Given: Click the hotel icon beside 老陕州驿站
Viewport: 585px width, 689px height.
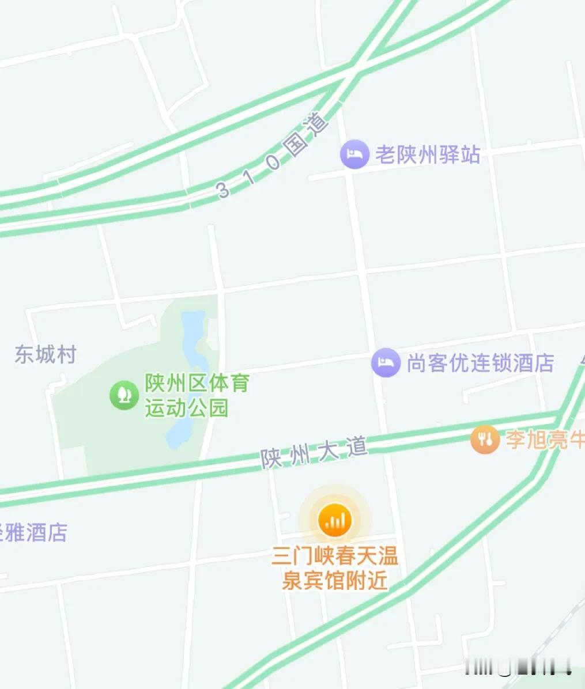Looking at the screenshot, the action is [x=354, y=154].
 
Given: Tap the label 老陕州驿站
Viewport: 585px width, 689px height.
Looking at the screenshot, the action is [x=428, y=154].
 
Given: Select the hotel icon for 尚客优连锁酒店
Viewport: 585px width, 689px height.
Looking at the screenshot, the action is [x=386, y=363].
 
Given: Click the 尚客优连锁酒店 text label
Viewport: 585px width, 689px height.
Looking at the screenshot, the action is [x=480, y=364].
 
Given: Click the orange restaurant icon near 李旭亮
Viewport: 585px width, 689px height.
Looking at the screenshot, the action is [x=485, y=440].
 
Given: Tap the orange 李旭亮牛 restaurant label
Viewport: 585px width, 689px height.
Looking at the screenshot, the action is [x=545, y=440].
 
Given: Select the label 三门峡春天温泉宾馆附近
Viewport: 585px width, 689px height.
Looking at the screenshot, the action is [x=335, y=569].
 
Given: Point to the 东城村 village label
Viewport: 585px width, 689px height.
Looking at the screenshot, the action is [x=46, y=354].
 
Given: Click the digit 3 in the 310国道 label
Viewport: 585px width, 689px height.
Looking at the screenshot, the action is [x=224, y=190].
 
